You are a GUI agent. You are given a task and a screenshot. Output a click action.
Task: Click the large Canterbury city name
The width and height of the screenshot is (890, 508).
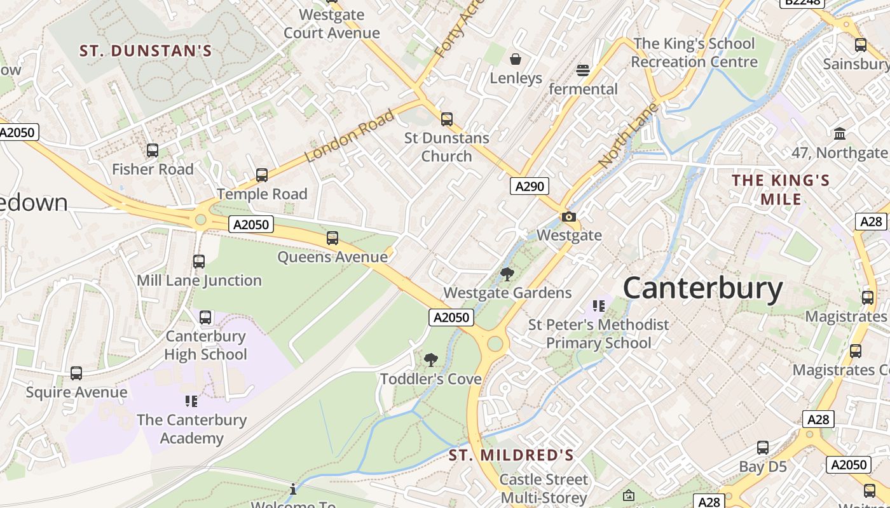(x=702, y=288)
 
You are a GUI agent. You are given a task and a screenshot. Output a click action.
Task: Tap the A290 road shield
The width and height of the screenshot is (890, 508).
(x=529, y=186)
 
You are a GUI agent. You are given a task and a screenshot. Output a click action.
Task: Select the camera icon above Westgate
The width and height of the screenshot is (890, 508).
(x=569, y=217)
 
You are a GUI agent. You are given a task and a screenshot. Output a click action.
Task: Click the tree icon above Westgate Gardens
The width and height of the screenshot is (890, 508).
(x=507, y=274)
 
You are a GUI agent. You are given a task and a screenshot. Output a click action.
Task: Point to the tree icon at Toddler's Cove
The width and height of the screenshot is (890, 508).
(x=430, y=360)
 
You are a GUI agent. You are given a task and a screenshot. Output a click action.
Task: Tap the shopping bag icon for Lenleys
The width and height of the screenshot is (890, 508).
(x=516, y=59)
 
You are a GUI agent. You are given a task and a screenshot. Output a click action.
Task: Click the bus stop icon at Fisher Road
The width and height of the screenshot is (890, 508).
(x=153, y=150)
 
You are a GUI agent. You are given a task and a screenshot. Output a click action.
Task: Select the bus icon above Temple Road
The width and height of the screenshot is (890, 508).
(x=261, y=175)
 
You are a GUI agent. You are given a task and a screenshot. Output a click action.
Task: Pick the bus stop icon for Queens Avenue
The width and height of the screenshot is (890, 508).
(x=332, y=238)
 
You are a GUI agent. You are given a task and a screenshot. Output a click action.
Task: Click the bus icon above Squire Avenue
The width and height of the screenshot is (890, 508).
(x=76, y=373)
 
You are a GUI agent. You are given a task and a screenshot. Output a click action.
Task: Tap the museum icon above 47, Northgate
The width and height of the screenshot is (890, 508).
(x=840, y=133)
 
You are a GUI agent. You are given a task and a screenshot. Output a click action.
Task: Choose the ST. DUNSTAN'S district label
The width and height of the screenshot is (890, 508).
(x=146, y=51)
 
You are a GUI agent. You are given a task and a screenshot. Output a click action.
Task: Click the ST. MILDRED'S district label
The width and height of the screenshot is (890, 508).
(x=511, y=455)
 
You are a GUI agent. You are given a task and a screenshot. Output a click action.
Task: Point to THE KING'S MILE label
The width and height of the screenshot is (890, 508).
(x=781, y=190)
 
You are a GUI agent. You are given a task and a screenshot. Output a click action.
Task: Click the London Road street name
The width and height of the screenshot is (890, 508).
(x=350, y=135)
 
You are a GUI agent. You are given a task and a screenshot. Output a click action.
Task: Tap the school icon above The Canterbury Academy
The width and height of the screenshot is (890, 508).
(x=191, y=401)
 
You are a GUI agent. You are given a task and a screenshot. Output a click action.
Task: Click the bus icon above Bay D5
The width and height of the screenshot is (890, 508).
(x=763, y=448)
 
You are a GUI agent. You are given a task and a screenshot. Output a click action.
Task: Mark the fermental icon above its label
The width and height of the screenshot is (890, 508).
(x=583, y=70)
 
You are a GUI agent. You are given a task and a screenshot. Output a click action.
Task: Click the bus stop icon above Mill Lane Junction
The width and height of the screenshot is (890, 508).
(x=199, y=261)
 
